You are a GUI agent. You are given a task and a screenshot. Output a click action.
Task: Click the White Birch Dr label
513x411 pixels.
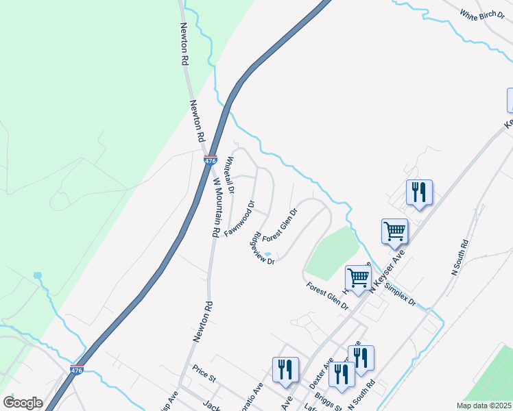(x=481, y=16)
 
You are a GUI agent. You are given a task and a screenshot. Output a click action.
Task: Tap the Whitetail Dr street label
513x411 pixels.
(x=230, y=174)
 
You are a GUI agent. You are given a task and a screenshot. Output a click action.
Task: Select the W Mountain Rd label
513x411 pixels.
(x=215, y=208)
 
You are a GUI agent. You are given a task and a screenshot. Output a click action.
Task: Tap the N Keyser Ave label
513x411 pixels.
(x=387, y=270)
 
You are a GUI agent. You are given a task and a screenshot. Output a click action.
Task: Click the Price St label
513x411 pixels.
(x=204, y=377)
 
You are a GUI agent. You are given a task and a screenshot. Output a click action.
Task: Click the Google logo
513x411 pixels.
(x=23, y=403)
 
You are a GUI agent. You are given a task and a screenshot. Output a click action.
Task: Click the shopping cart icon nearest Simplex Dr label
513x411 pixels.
(x=359, y=277)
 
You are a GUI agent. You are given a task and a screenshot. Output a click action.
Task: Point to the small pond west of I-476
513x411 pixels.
(x=37, y=275)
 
